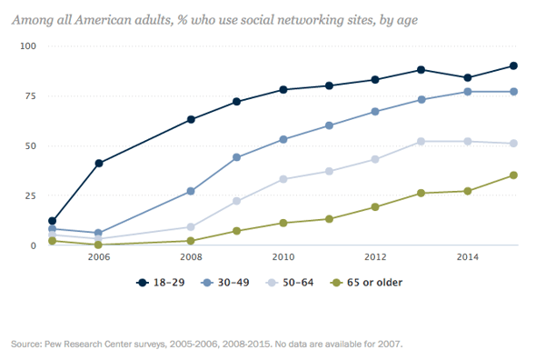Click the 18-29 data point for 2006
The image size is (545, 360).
click(98, 164)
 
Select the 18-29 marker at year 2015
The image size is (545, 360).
click(513, 65)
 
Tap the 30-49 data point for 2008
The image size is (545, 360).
click(190, 191)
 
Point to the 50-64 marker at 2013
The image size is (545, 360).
click(421, 141)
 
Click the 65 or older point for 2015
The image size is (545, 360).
click(513, 175)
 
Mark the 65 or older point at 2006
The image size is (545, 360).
click(98, 245)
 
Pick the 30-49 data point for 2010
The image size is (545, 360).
click(282, 139)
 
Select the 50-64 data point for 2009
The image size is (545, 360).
click(236, 201)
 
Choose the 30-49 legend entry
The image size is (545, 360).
click(228, 283)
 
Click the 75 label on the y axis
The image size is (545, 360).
click(30, 95)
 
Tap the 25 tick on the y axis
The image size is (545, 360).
click(30, 195)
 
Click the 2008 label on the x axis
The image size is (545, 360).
click(190, 258)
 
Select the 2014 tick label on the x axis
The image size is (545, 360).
click(467, 258)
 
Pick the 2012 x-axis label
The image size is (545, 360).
click(374, 258)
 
